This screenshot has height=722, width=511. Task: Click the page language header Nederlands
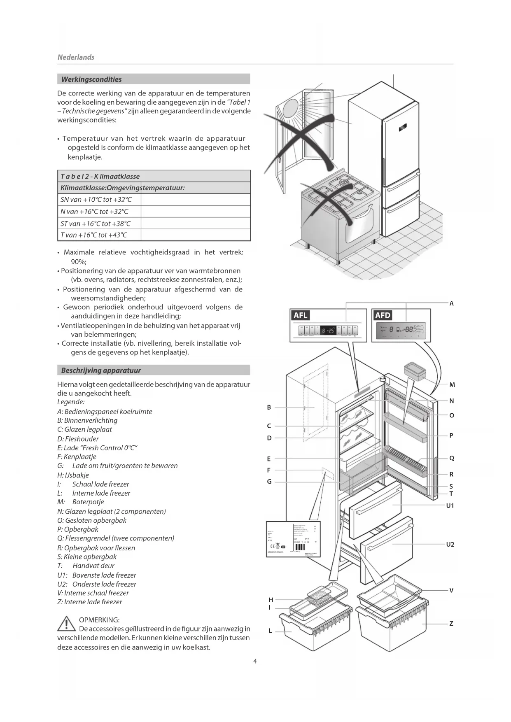click(x=76, y=57)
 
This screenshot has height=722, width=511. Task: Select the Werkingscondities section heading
click(x=91, y=79)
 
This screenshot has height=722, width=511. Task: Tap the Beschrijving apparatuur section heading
click(x=101, y=370)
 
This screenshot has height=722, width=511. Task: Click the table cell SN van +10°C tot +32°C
click(x=96, y=200)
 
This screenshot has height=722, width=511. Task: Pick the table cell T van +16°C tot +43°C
click(x=93, y=235)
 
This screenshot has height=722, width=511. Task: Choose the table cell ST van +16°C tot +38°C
click(x=95, y=224)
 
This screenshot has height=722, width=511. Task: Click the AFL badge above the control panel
click(x=301, y=315)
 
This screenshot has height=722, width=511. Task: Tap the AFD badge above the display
click(x=383, y=315)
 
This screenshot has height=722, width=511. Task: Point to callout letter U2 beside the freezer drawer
click(x=450, y=545)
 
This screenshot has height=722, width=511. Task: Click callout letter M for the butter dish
click(x=452, y=385)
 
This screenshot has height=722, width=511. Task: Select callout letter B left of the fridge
click(x=269, y=408)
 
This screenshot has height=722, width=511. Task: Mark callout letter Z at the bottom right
click(x=451, y=624)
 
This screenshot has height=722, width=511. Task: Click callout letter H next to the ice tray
click(x=271, y=600)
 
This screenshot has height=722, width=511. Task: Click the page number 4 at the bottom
click(x=255, y=661)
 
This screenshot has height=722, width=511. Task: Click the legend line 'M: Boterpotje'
click(x=81, y=502)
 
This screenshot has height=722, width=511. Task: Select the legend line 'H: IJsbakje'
click(x=73, y=475)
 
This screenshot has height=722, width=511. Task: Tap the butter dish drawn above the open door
click(x=415, y=370)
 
